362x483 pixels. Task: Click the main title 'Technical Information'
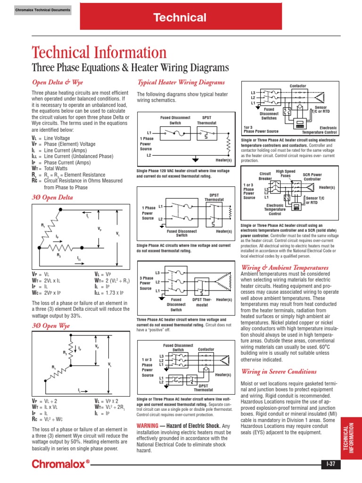pyautogui.click(x=99, y=53)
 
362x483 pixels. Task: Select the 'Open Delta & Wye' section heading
pyautogui.click(x=57, y=82)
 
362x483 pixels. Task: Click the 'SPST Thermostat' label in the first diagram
pyautogui.click(x=207, y=119)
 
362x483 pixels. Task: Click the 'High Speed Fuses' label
pyautogui.click(x=286, y=174)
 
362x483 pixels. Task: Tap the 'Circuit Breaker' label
pyautogui.click(x=265, y=176)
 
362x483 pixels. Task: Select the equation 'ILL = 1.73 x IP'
pyautogui.click(x=109, y=293)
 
